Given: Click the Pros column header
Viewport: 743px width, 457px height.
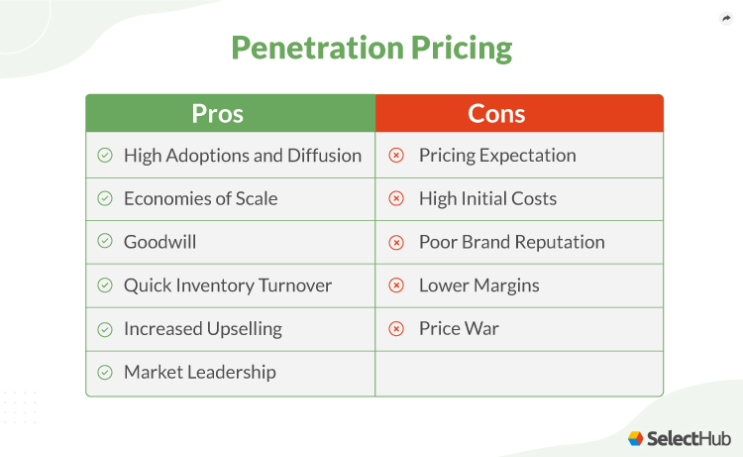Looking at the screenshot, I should coord(217,113).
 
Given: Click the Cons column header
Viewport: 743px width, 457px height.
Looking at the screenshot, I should coord(496,113).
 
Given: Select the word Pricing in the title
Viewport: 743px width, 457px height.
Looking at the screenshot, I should coord(465,48).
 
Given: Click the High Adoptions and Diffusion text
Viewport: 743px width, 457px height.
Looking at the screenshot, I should coord(243,156).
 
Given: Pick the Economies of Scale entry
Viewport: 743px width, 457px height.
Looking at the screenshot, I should coord(200,199).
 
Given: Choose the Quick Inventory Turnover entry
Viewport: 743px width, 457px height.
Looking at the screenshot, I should coord(228,286).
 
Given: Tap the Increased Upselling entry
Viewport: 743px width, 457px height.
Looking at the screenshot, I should coord(202,329).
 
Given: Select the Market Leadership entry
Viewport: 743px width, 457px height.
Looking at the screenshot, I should coord(199,373).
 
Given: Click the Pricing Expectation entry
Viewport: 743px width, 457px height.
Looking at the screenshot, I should coord(497,156).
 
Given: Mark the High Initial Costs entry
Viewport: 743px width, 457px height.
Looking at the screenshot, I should coord(487,199).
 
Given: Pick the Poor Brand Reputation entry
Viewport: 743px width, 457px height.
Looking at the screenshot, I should coord(511,242).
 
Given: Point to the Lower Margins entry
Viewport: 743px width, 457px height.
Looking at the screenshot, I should coord(478,286).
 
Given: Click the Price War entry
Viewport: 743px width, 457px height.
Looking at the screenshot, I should coord(459,329).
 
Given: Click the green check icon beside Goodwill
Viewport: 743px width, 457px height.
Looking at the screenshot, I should coord(105,242).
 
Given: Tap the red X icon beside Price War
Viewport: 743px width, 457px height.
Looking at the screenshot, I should coord(396,329).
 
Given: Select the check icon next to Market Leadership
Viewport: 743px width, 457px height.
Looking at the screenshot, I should coord(105,373).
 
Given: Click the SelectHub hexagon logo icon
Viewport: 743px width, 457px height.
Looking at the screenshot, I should coord(636,437).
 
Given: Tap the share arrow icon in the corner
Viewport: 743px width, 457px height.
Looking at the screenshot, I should coord(725,18).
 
